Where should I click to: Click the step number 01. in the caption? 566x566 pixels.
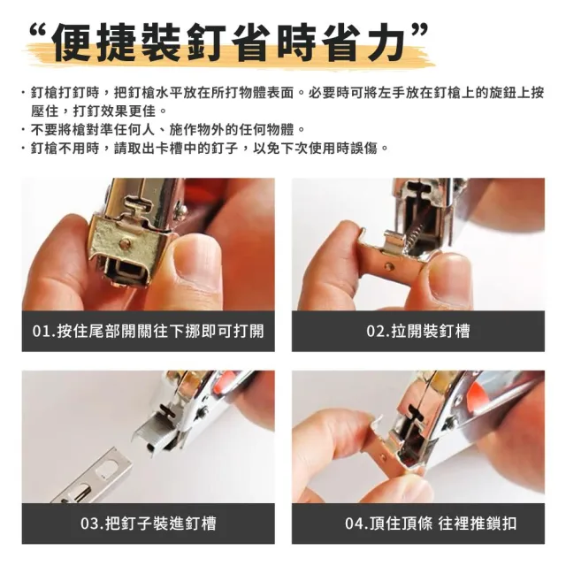(43, 331)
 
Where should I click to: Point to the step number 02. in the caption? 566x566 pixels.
(378, 331)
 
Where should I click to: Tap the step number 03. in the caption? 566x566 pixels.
(92, 524)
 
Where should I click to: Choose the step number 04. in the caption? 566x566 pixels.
(356, 524)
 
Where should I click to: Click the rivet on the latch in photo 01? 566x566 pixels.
(126, 241)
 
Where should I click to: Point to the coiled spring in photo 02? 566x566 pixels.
(413, 233)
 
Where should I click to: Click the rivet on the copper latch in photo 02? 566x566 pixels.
(389, 267)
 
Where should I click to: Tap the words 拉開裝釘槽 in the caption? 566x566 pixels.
(431, 331)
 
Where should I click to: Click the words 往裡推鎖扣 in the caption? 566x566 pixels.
(478, 524)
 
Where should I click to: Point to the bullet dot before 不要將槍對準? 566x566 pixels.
(24, 130)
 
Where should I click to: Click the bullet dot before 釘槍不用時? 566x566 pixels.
(24, 148)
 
